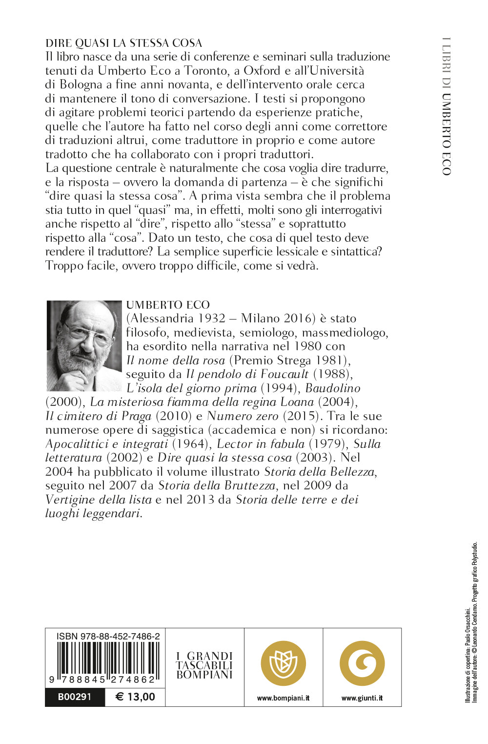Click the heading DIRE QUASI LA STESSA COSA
123,43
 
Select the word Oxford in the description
262,71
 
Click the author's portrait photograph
84,345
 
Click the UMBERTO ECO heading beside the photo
168,305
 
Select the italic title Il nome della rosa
175,361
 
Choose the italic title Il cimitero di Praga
98,416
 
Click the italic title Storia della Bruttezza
217,486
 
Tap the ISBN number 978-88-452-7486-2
108,636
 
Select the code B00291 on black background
75,697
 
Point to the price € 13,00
135,697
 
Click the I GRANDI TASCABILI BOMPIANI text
204,665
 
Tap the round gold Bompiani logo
283,663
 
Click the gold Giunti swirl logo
362,663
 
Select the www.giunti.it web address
362,698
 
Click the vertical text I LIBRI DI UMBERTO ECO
446,106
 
